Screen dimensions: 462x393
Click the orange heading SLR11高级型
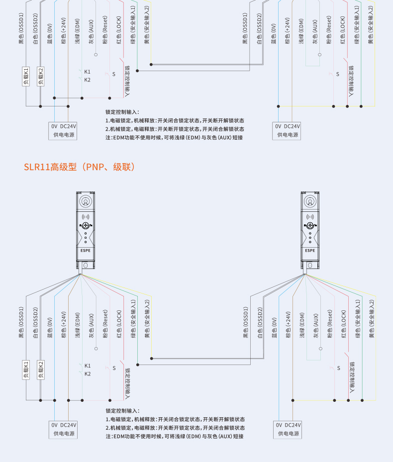(x=80, y=167)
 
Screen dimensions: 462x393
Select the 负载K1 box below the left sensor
(x=26, y=369)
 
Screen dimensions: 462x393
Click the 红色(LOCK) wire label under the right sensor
(x=343, y=324)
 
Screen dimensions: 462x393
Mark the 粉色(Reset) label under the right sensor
(x=329, y=324)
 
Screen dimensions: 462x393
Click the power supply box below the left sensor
(x=64, y=429)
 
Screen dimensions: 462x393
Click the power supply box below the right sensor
(x=288, y=429)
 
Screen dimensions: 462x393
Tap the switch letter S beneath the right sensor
(x=338, y=368)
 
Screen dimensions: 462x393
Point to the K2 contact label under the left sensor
(x=88, y=373)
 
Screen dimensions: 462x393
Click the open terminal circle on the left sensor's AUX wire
(x=96, y=348)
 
